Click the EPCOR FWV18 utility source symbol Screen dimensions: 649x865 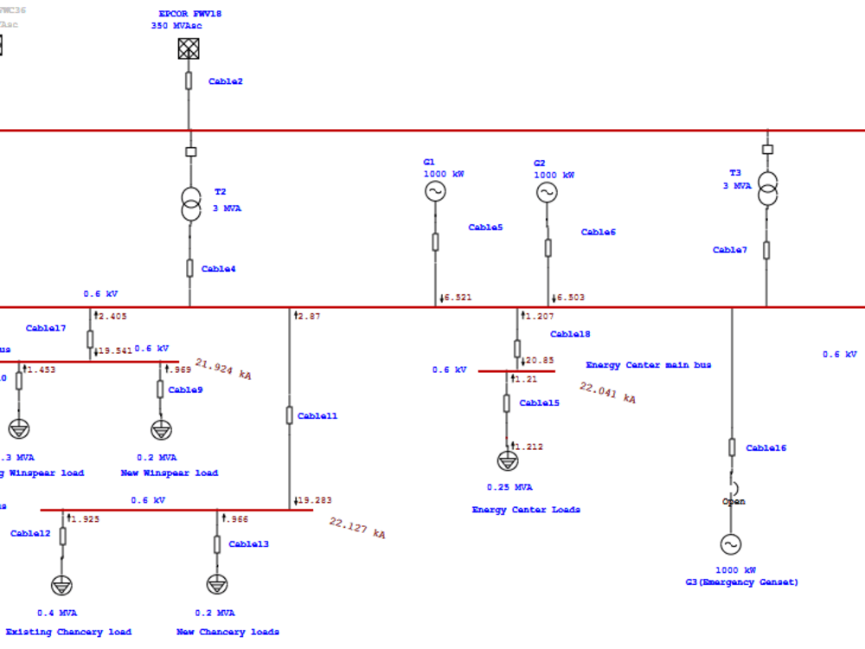click(189, 49)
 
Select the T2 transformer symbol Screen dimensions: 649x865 click(189, 202)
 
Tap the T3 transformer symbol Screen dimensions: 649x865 click(766, 189)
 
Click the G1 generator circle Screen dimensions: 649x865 click(435, 191)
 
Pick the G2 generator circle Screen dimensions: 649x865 click(547, 192)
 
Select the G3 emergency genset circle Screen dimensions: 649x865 click(731, 544)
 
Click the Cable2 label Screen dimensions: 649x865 click(226, 81)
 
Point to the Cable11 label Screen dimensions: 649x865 click(317, 416)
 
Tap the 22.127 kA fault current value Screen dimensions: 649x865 click(357, 528)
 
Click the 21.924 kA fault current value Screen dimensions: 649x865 click(223, 369)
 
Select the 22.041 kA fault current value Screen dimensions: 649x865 click(607, 393)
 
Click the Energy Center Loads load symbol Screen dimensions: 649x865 click(507, 461)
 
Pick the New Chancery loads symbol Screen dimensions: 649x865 click(217, 585)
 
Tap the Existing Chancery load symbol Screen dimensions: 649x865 click(61, 586)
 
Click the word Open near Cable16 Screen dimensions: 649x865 click(734, 502)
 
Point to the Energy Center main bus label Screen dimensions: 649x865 click(649, 365)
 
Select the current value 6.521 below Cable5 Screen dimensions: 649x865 click(458, 298)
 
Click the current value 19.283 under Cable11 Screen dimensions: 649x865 click(315, 500)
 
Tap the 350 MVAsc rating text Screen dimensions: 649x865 click(176, 26)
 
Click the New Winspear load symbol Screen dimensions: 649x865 click(161, 430)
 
